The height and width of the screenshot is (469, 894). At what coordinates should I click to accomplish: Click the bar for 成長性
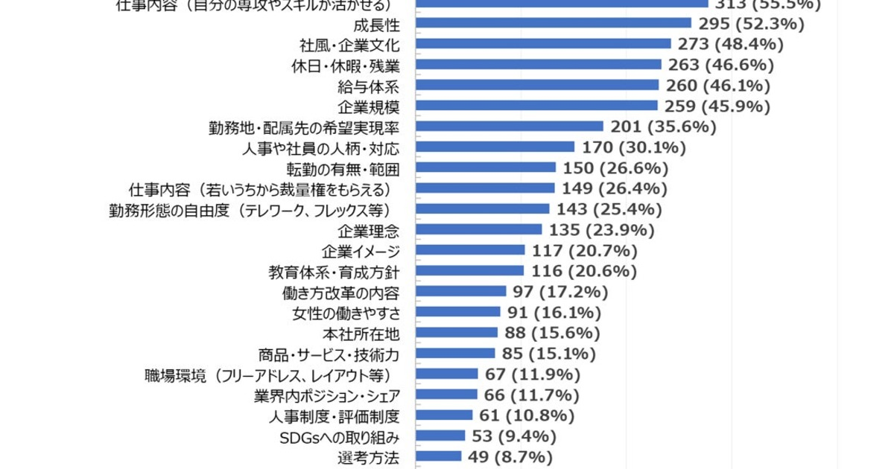[x=551, y=23]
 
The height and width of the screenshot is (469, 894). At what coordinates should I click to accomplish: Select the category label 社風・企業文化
[x=350, y=44]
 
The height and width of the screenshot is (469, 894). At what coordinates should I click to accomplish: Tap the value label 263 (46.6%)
[x=721, y=64]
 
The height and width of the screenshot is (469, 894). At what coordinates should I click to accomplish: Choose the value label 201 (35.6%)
[x=663, y=127]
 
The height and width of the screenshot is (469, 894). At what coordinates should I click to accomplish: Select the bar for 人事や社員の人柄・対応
[x=495, y=147]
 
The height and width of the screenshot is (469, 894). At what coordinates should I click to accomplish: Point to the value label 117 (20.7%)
[x=585, y=249]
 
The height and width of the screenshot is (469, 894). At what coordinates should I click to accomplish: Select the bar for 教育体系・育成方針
[x=473, y=270]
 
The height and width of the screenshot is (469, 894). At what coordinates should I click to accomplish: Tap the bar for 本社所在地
[x=456, y=332]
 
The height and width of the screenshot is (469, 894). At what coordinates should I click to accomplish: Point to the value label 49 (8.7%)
[x=510, y=456]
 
